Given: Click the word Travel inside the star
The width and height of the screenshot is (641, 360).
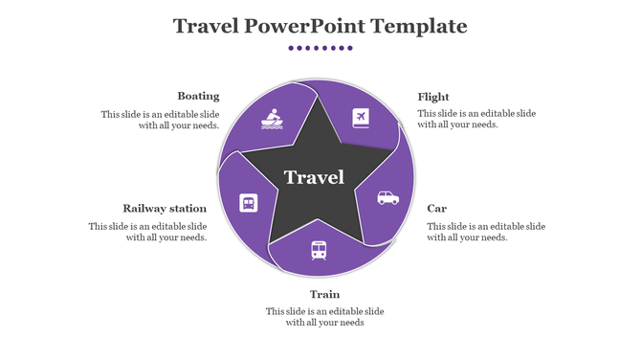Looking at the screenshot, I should click(314, 178).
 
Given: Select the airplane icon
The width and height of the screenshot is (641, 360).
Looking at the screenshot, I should click(361, 118).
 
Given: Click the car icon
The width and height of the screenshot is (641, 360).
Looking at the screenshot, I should click(387, 198).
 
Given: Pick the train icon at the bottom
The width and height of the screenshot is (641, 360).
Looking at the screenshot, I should click(319, 250).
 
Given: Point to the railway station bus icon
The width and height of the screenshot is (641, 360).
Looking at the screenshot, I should click(248, 203).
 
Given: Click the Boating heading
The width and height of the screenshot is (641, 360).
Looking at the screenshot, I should click(198, 96).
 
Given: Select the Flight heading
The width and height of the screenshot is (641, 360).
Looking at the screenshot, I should click(433, 97).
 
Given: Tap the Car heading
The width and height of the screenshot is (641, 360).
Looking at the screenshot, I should click(436, 208).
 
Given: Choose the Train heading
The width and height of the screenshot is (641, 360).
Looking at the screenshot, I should click(324, 294).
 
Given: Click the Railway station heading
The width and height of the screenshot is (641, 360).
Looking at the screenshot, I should click(165, 208).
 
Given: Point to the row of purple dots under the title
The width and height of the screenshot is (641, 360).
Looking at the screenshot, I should click(320, 48).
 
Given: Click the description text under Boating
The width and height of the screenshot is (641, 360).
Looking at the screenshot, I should click(161, 120).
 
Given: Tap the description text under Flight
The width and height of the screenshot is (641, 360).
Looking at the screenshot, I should click(476, 119).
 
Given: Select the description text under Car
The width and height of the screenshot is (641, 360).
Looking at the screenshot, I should click(486, 232).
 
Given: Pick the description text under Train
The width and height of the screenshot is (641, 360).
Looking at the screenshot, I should click(324, 317).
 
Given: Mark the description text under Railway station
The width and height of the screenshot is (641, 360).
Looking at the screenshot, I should click(148, 232).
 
